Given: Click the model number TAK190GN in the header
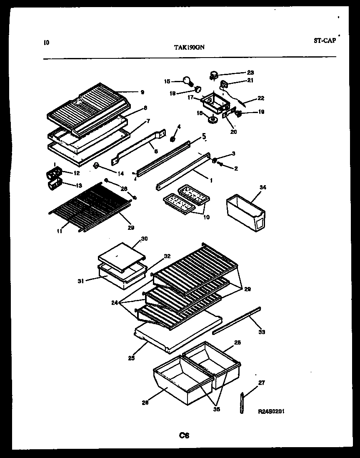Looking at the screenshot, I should (x=189, y=47).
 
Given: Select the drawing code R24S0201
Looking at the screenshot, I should (x=271, y=411).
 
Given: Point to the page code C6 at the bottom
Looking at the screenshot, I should (x=184, y=435).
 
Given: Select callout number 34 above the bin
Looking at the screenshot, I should (x=262, y=188).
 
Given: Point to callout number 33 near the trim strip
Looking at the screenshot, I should (x=262, y=332).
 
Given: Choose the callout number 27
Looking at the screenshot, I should (x=261, y=383).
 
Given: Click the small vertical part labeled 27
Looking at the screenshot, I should (x=242, y=403).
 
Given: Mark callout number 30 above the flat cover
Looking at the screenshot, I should (x=144, y=239).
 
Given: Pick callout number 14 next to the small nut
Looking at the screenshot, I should (x=110, y=173).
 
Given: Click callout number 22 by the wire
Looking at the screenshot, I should (x=261, y=98).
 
